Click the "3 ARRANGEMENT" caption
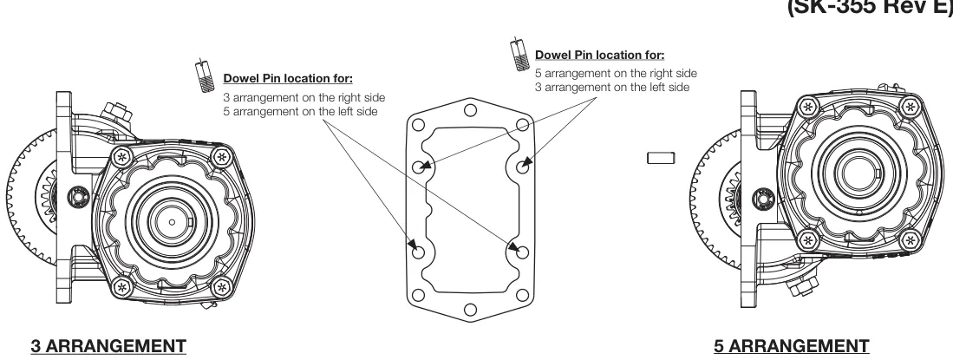click(x=108, y=346)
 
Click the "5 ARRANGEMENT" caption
click(x=792, y=346)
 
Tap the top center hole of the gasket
click(x=470, y=111)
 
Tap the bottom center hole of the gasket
click(x=470, y=310)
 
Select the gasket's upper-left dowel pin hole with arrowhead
click(x=419, y=167)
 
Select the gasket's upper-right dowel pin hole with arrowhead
click(x=522, y=165)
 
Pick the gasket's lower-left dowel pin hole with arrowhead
click(x=418, y=252)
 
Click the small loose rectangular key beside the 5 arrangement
click(x=662, y=158)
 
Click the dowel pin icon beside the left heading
click(x=204, y=75)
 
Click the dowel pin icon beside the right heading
click(x=519, y=54)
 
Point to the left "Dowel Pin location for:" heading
click(x=288, y=78)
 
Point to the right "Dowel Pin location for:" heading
click(x=600, y=55)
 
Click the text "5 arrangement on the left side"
click(x=300, y=112)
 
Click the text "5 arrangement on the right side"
click(x=617, y=74)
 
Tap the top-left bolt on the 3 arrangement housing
click(x=123, y=158)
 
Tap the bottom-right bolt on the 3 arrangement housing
click(x=222, y=286)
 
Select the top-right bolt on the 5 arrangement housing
click(x=910, y=107)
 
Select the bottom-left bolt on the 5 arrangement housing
click(x=807, y=241)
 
